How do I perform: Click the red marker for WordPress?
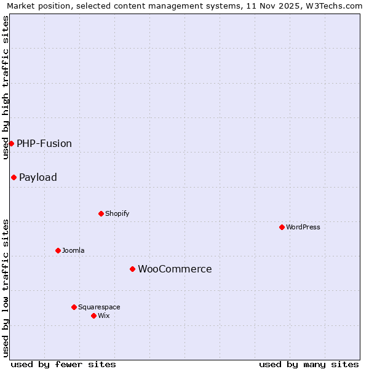[x=282, y=227]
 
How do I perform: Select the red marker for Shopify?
[x=101, y=213]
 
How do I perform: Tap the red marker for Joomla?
[x=58, y=250]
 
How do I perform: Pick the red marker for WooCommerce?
[x=132, y=269]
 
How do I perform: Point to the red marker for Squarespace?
[x=74, y=307]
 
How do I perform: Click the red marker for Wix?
[x=93, y=315]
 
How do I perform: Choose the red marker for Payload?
[x=14, y=177]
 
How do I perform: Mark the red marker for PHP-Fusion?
[x=11, y=143]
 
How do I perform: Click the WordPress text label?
[x=303, y=227]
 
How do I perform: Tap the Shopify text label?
[x=117, y=213]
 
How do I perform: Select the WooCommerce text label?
[x=175, y=269]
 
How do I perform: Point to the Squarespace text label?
[x=99, y=307]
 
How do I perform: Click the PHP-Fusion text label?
[x=44, y=143]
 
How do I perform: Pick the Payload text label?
[x=38, y=177]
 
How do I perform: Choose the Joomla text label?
[x=73, y=250]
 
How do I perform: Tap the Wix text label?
[x=104, y=315]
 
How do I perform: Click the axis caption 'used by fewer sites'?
[x=63, y=364]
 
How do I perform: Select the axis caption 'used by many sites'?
[x=309, y=364]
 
